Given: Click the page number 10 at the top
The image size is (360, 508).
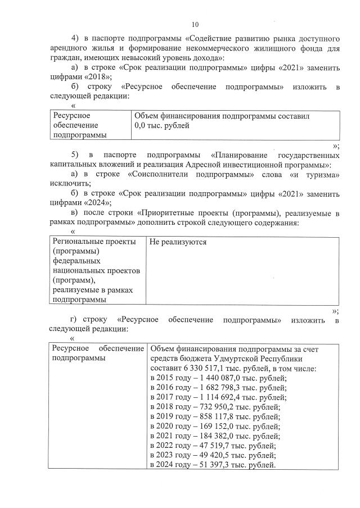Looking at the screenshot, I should [195, 24].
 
